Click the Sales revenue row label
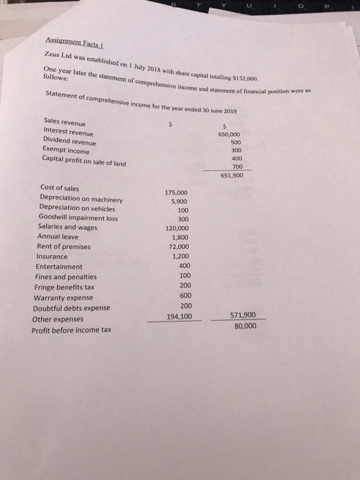pos(60,121)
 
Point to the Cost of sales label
pos(59,188)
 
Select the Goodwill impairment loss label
pos(79,218)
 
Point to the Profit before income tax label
pos(71,330)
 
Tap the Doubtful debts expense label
pos(71,309)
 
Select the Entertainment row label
pos(59,267)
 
